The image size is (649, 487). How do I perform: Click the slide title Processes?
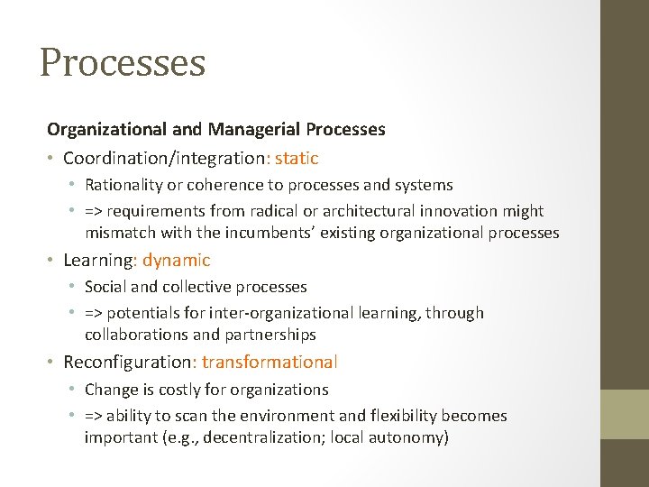[123, 62]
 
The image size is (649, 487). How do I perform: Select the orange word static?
[297, 159]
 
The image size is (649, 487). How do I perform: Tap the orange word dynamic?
[176, 261]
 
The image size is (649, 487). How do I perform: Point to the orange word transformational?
[270, 363]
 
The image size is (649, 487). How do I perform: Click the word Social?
[105, 287]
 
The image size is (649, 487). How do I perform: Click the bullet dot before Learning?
[52, 261]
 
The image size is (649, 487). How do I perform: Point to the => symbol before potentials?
[95, 313]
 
